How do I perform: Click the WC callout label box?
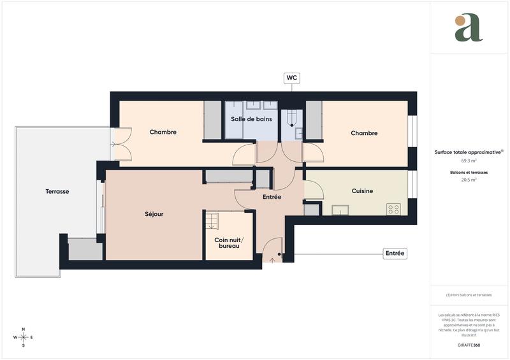(x=292, y=78)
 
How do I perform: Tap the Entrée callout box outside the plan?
(x=395, y=254)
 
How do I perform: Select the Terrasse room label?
(x=57, y=191)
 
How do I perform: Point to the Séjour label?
(x=154, y=214)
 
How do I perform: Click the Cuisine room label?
(x=362, y=191)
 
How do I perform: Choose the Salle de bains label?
(x=251, y=119)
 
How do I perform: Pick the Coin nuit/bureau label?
(x=229, y=242)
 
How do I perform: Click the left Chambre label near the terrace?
(x=163, y=132)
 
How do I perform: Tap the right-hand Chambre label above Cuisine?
(x=364, y=133)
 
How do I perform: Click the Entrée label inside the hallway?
(x=272, y=197)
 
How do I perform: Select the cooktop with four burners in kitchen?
(x=394, y=208)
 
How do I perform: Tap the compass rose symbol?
(x=24, y=337)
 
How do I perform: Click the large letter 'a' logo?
(x=469, y=28)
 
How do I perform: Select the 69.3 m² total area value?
(x=469, y=162)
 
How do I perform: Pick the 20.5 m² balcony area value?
(x=469, y=180)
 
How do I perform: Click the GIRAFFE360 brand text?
(x=469, y=345)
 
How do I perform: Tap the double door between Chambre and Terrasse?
(x=119, y=144)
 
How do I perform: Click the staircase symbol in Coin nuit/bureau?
(x=212, y=220)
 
